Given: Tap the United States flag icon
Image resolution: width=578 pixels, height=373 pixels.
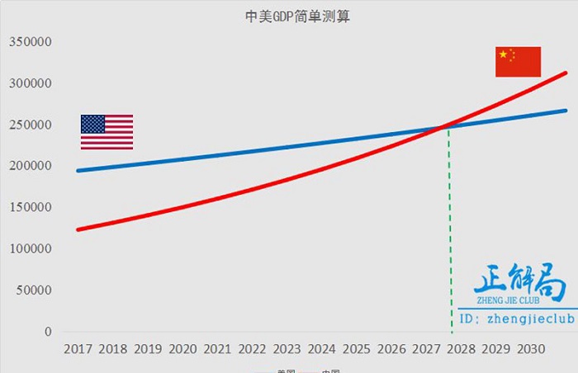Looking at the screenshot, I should pos(107,132).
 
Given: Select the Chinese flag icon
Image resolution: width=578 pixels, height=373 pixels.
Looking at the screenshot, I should pos(518,62).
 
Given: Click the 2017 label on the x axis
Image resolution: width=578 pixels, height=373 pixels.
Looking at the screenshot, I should pos(78,349).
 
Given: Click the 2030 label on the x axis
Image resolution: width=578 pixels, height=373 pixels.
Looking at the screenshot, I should pos(530,349).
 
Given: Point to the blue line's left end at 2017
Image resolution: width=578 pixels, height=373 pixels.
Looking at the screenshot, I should pos(78,171).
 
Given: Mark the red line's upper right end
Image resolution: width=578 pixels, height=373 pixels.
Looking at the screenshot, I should pos(566,73).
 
